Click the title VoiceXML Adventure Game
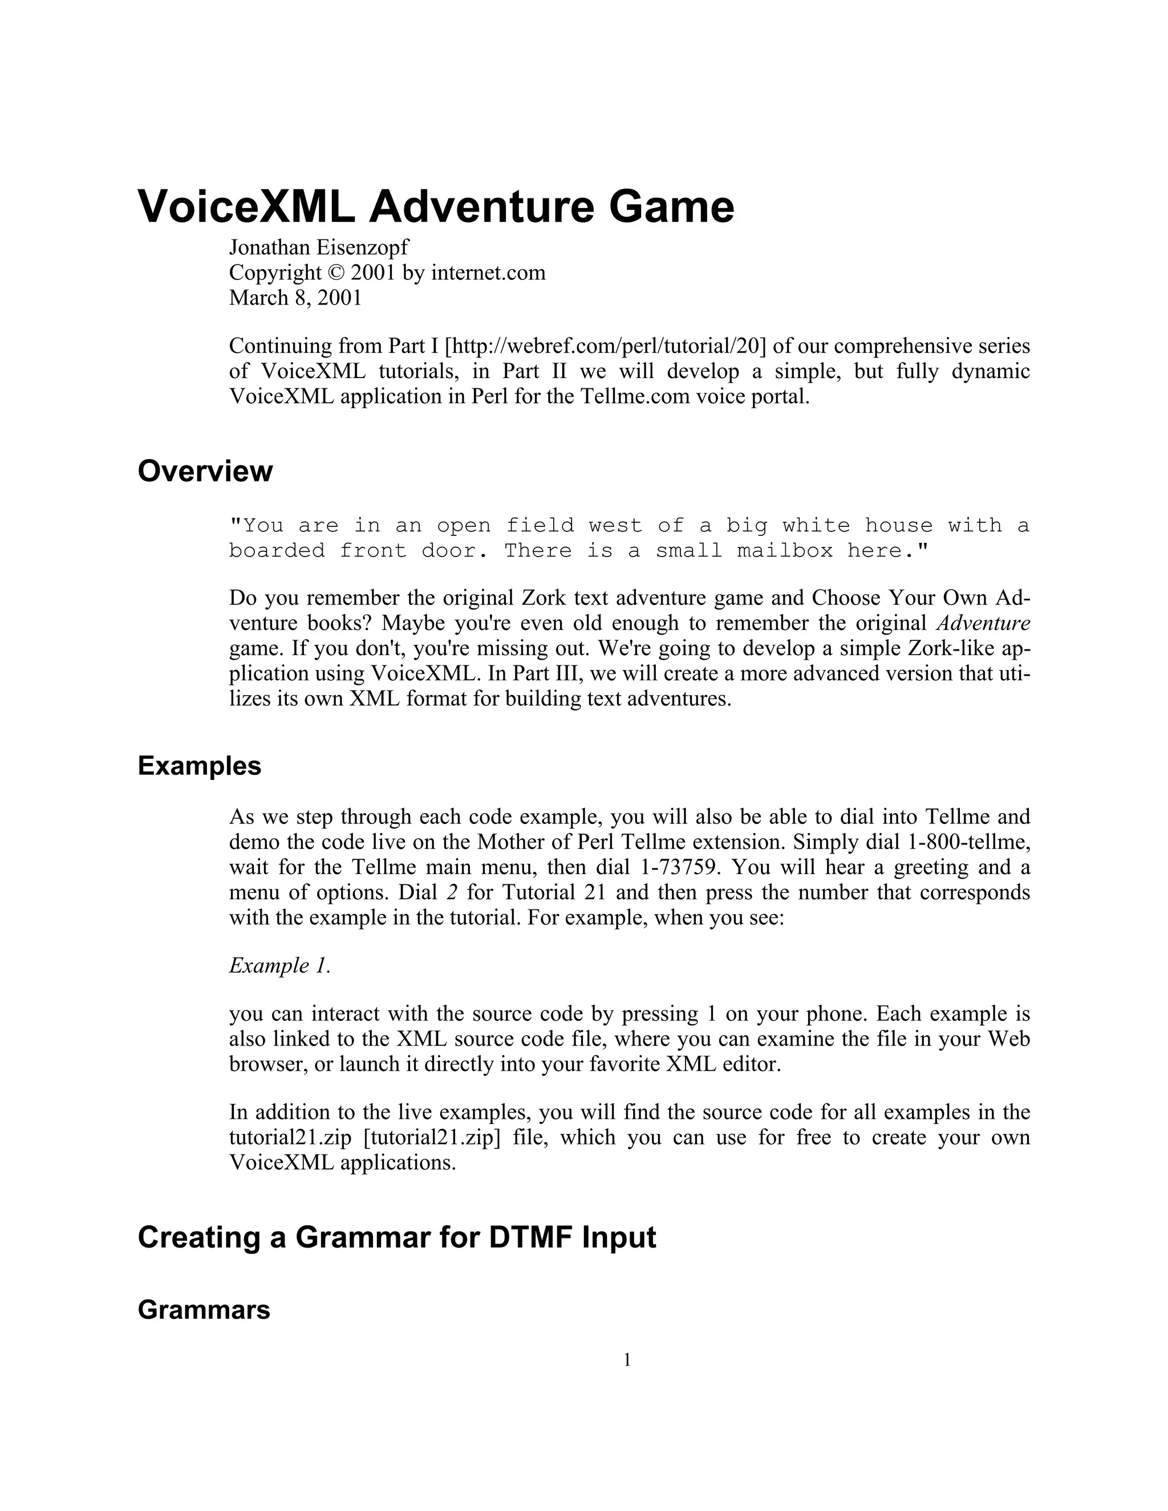coord(436,207)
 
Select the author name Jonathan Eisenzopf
coord(319,247)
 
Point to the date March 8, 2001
coord(295,298)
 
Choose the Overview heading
coord(205,471)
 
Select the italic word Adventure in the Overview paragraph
coord(983,623)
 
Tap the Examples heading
coord(199,766)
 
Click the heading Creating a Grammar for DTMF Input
coord(396,1237)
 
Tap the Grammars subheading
coord(204,1310)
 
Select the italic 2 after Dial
coord(452,892)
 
